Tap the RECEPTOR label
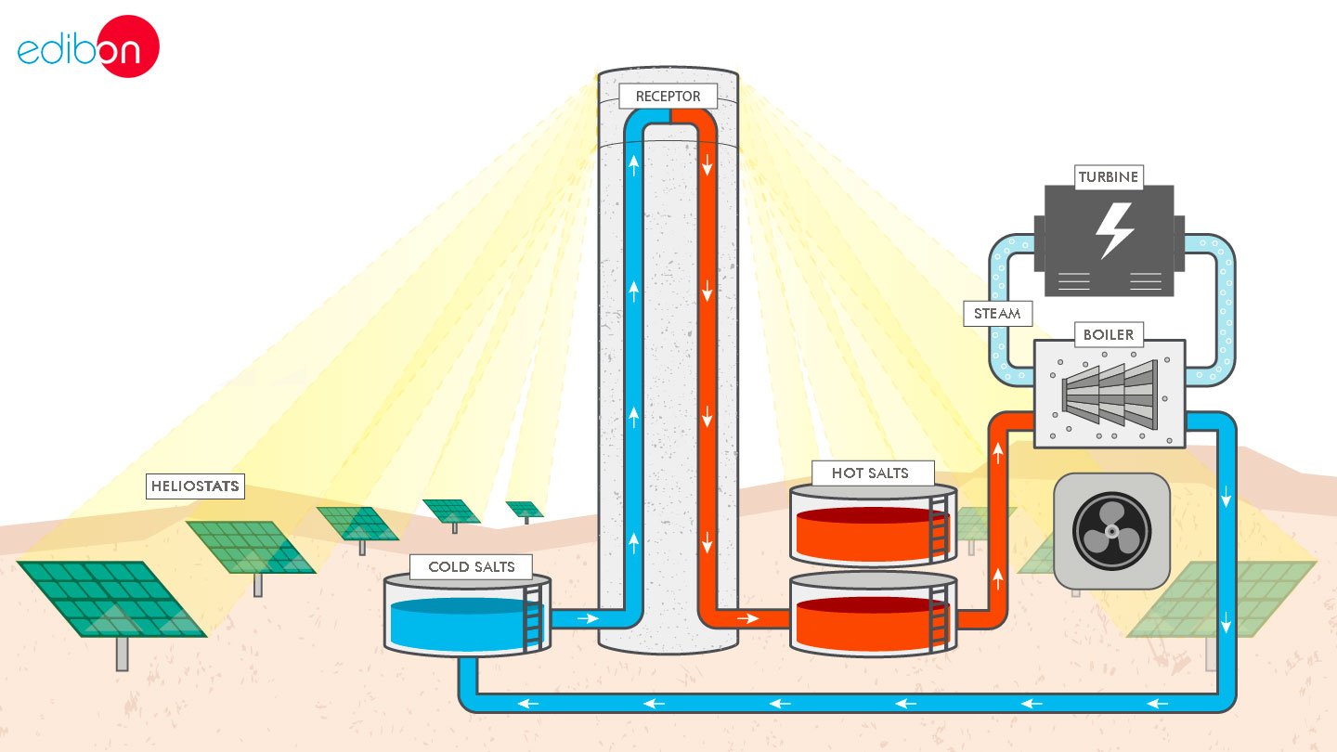(668, 97)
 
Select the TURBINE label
(1108, 176)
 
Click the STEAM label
(997, 314)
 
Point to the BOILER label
(1109, 334)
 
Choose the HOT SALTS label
(869, 473)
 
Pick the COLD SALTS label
(472, 566)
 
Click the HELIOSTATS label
(195, 486)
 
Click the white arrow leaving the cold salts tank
(587, 616)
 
